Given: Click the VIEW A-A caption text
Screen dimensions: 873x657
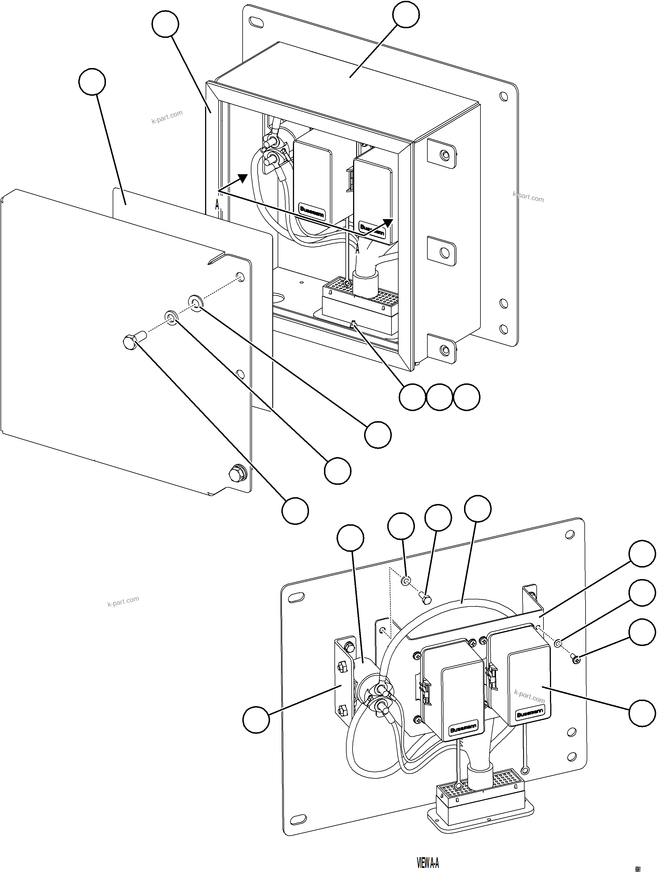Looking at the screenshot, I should (428, 863).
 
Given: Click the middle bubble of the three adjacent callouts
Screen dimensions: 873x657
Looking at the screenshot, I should (440, 397).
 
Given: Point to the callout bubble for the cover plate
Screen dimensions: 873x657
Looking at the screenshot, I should (92, 82).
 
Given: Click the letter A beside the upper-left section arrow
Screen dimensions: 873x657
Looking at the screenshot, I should (217, 205).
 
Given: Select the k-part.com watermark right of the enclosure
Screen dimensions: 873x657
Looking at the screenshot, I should (528, 196).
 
